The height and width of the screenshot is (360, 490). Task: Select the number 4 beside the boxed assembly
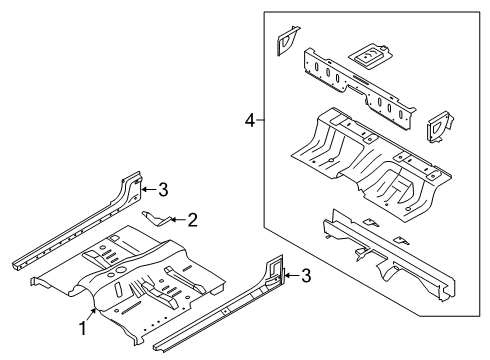pos(249,121)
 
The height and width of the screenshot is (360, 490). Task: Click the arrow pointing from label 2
pos(176,219)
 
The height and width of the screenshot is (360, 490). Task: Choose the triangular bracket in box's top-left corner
pos(285,40)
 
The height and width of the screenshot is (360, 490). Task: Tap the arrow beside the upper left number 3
pos(147,186)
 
